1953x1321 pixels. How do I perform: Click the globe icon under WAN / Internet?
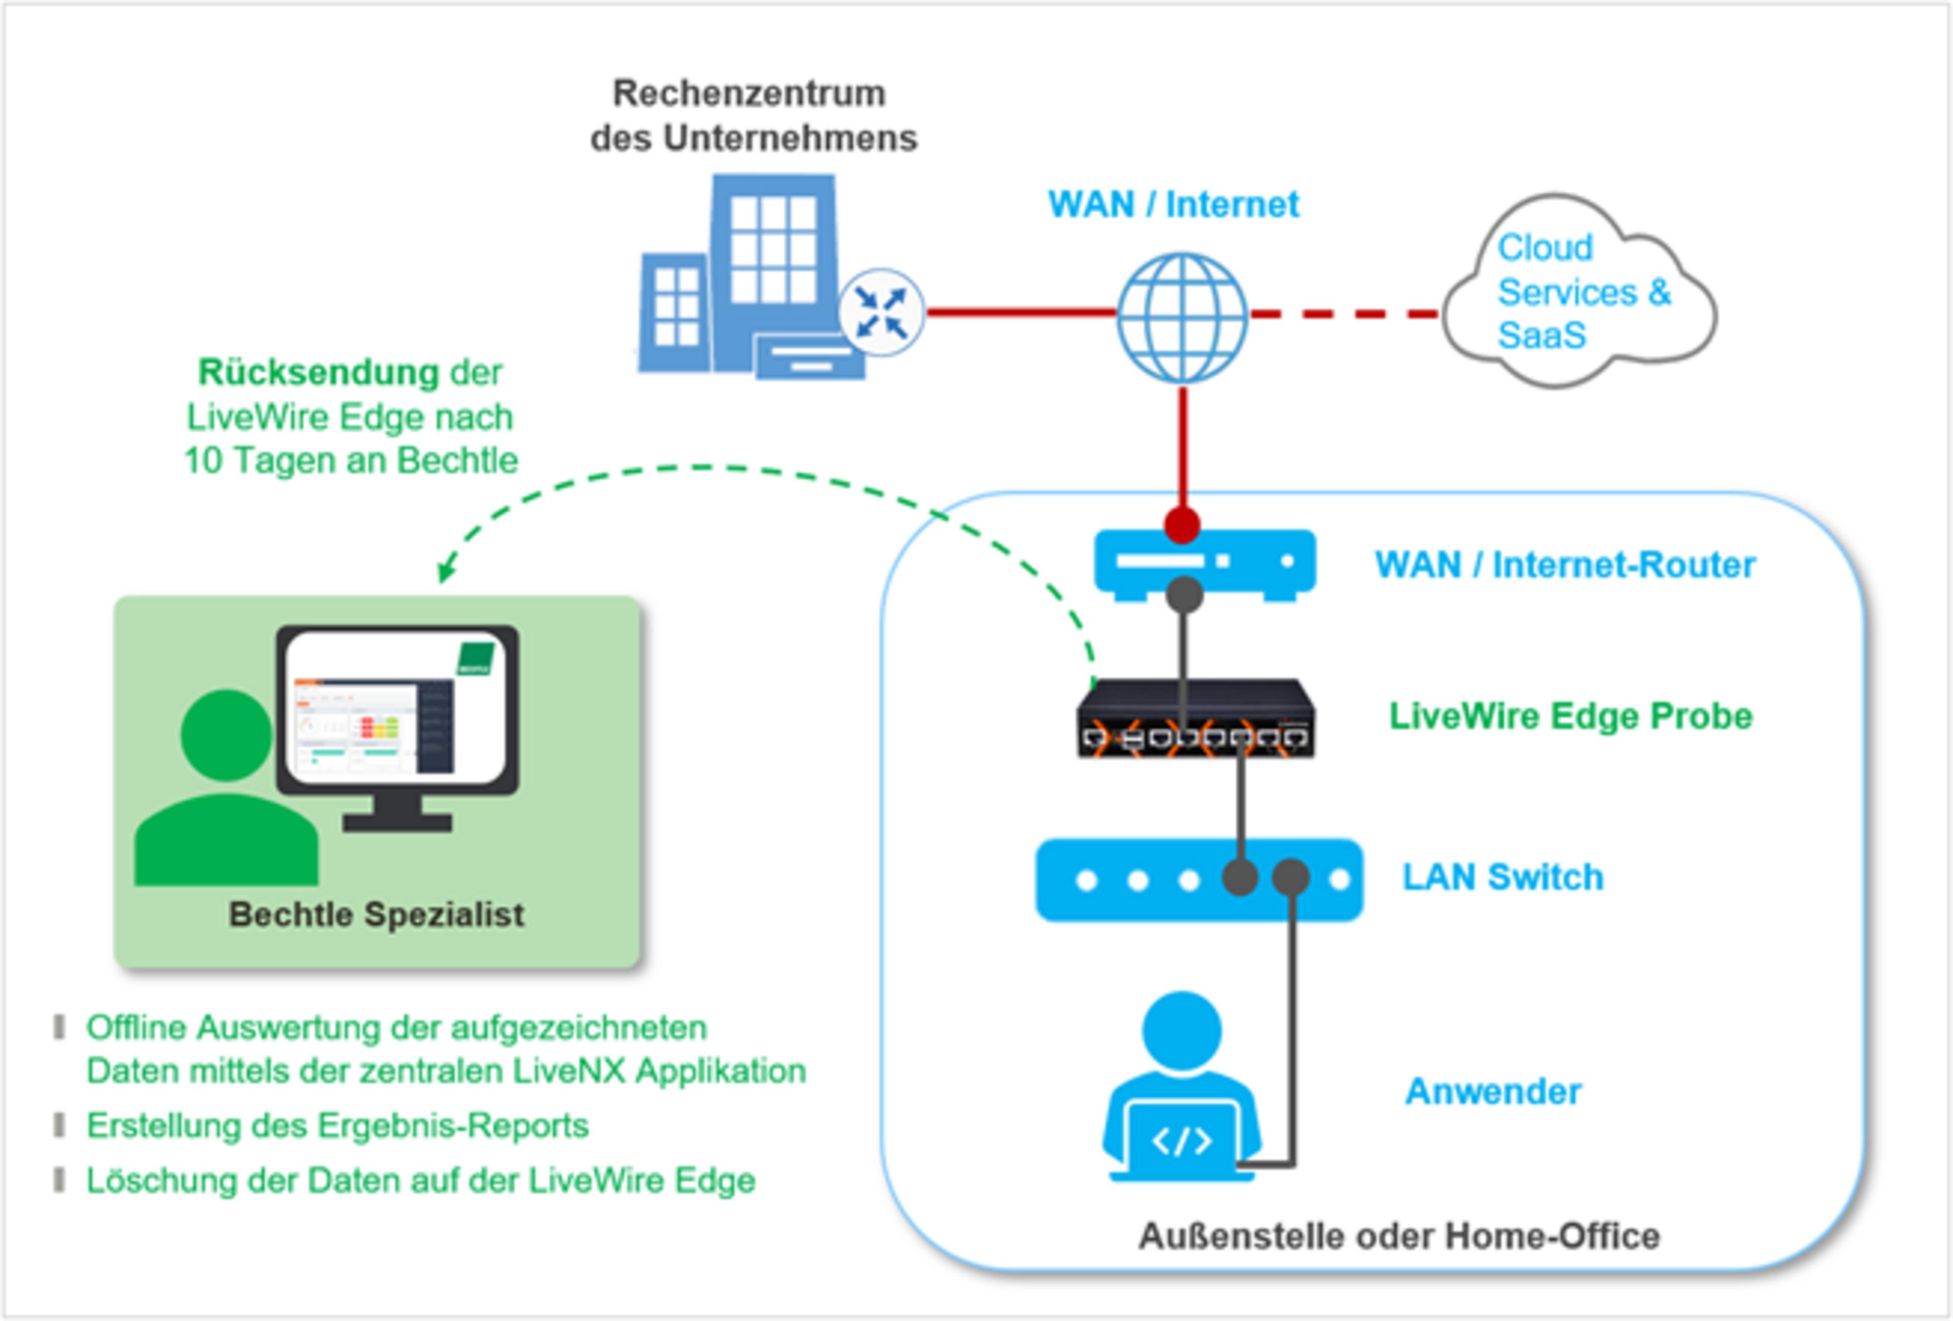tap(1181, 317)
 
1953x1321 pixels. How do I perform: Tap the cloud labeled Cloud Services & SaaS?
tap(1578, 292)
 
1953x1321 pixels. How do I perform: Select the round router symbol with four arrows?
tap(881, 312)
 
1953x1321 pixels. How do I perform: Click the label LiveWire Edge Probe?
tap(1570, 716)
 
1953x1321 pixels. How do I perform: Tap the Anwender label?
tap(1493, 1091)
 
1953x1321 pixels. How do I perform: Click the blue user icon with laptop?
tap(1181, 1089)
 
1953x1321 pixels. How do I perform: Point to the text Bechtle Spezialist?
tap(376, 915)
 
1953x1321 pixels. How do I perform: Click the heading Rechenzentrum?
tap(749, 93)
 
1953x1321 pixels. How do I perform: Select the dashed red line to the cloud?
tap(1345, 315)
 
